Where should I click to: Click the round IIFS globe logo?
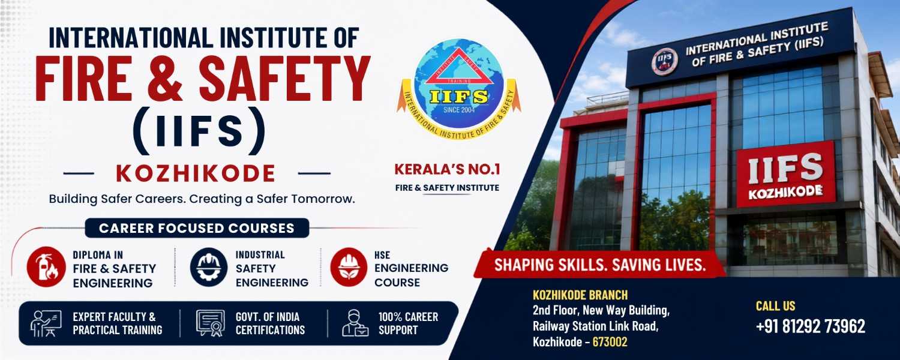(x=458, y=89)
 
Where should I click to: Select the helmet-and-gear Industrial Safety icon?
(x=209, y=267)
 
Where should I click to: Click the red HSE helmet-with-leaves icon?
(x=349, y=267)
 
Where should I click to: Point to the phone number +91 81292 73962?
(x=811, y=326)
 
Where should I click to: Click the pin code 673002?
(x=610, y=342)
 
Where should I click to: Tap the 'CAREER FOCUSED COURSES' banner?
(x=197, y=228)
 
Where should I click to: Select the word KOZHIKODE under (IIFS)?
(x=196, y=173)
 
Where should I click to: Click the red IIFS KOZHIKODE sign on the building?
(x=785, y=174)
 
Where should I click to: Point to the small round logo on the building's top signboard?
(x=665, y=61)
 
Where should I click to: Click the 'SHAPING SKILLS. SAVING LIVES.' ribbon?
(x=600, y=265)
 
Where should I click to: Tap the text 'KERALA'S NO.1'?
(x=447, y=170)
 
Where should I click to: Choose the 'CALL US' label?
(x=775, y=306)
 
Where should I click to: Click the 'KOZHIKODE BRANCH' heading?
(x=580, y=295)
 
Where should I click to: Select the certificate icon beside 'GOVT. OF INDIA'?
(x=210, y=323)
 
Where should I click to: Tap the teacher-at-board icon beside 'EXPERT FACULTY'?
(x=46, y=323)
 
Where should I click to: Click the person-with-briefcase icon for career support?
(x=355, y=323)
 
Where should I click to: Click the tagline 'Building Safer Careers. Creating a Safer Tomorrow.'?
(x=202, y=199)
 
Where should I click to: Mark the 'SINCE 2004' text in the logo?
(x=459, y=110)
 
